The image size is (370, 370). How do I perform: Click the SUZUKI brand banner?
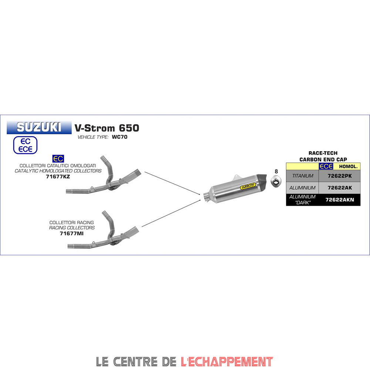point(39,127)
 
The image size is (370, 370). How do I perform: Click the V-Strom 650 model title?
point(107,128)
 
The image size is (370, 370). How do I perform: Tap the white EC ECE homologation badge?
point(26,145)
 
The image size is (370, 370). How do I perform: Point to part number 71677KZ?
point(58,176)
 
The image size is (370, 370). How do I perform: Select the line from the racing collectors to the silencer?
point(172,214)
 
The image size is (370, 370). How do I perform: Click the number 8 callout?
point(276,171)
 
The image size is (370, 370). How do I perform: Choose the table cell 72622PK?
point(340,176)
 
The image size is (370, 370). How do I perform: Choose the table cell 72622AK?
point(340,188)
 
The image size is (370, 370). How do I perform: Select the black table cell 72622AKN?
point(340,199)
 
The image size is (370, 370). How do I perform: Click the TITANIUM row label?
point(302,176)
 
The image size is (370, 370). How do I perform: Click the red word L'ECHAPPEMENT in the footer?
point(227,361)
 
